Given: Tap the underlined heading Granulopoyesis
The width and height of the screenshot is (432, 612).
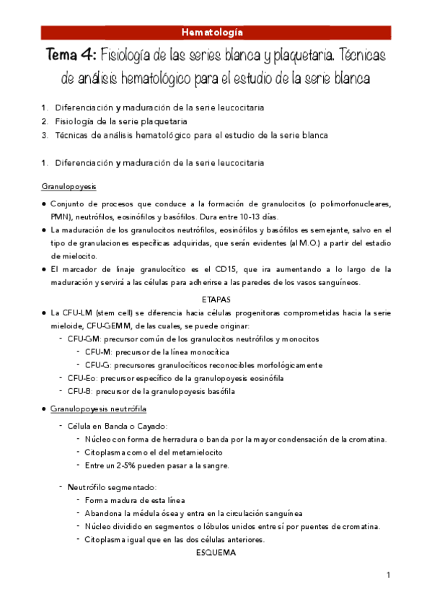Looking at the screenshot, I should pos(69,186).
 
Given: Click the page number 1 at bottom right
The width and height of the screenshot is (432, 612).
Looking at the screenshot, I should pos(388,575).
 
